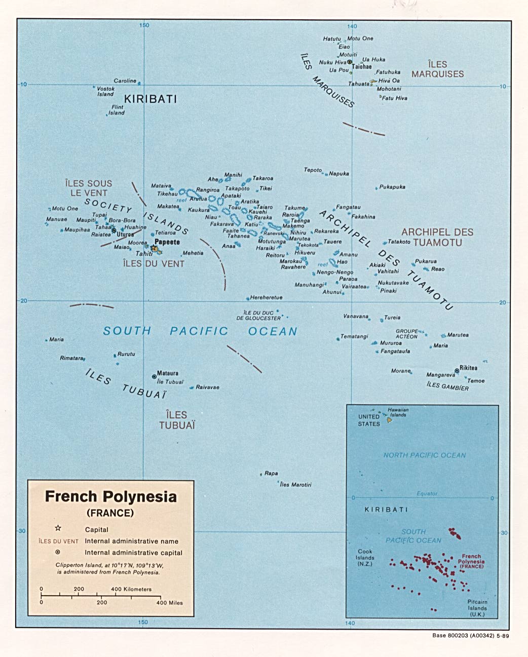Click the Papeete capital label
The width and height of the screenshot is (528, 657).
pyautogui.click(x=167, y=242)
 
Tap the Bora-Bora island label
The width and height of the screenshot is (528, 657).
pyautogui.click(x=122, y=220)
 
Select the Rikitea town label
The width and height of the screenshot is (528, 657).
pyautogui.click(x=468, y=368)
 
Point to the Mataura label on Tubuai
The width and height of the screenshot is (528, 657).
pyautogui.click(x=168, y=373)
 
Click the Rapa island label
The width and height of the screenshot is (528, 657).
pyautogui.click(x=271, y=473)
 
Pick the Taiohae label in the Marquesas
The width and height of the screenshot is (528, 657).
pyautogui.click(x=362, y=66)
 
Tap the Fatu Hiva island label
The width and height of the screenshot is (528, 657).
pyautogui.click(x=395, y=98)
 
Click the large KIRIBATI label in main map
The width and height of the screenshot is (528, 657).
pyautogui.click(x=150, y=99)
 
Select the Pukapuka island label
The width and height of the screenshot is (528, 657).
pyautogui.click(x=392, y=187)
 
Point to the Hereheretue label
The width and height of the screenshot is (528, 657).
pyautogui.click(x=266, y=297)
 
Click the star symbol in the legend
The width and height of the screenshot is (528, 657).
pyautogui.click(x=58, y=528)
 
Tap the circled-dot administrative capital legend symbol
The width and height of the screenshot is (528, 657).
pyautogui.click(x=58, y=552)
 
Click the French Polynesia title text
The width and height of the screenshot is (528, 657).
pyautogui.click(x=111, y=496)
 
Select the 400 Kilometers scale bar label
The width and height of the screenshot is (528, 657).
pyautogui.click(x=131, y=589)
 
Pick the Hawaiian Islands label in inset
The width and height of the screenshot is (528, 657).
pyautogui.click(x=398, y=412)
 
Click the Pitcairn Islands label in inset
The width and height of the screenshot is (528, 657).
pyautogui.click(x=477, y=608)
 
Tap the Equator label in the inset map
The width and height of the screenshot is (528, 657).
pyautogui.click(x=427, y=493)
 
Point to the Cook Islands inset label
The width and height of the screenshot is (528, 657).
pyautogui.click(x=365, y=557)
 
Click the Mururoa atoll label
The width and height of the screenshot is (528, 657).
pyautogui.click(x=391, y=343)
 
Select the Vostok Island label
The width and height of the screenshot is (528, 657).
pyautogui.click(x=105, y=91)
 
